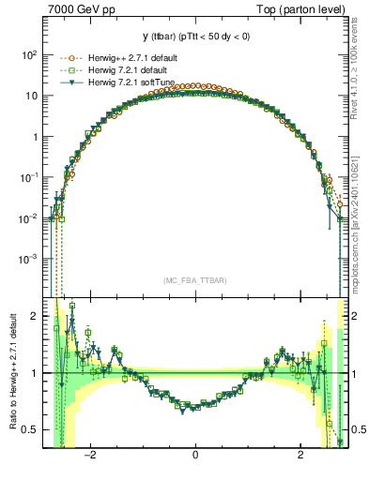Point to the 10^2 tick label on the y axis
tap(29, 55)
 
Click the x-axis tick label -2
tap(90, 455)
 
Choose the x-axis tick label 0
tap(195, 455)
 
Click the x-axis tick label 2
tap(300, 455)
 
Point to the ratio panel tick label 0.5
tap(30, 429)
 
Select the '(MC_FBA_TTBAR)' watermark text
tap(194, 280)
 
